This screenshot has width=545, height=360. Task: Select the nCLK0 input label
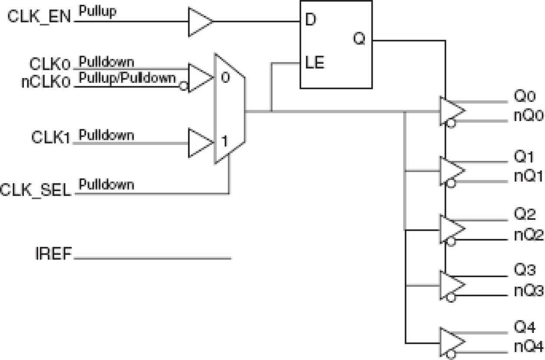pos(46,82)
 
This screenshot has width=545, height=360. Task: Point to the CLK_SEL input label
pos(36,190)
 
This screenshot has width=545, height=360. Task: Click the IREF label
pos(53,254)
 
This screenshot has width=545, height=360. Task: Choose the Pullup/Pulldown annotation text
pos(127,78)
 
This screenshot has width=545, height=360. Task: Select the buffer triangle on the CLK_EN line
pos(199,22)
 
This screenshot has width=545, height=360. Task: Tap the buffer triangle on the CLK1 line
pos(199,143)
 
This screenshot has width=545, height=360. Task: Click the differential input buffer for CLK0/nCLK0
pos(198,78)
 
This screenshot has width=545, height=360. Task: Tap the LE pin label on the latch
pos(315,64)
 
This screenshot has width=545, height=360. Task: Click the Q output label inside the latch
pos(359,39)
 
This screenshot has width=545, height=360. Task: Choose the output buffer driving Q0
pos(450,111)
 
